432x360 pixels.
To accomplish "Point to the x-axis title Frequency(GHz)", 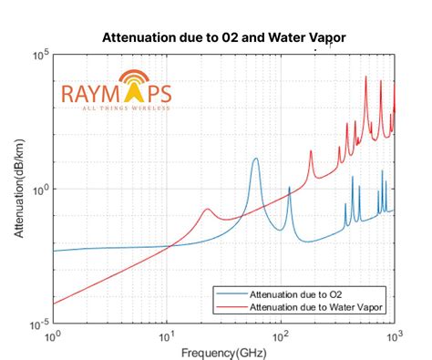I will pos(223,352).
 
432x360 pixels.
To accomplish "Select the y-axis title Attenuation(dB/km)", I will pos(19,189).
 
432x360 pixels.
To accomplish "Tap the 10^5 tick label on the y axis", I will pos(40,55).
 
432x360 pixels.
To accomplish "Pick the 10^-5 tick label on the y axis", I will pos(39,324).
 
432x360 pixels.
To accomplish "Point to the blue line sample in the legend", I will pos(231,294).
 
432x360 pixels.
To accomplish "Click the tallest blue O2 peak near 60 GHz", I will pos(255,159).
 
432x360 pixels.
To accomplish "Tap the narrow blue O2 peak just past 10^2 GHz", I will pos(290,188).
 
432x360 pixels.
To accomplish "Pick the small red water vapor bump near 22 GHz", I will pos(207,210).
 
